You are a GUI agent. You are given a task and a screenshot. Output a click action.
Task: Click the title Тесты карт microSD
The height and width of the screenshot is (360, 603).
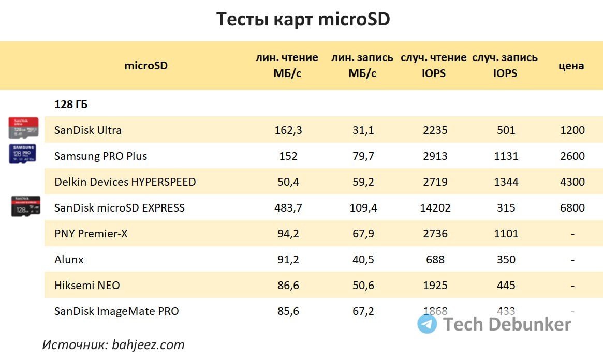303,20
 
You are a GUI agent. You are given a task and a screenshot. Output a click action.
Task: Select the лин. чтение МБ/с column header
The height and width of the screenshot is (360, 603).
287,65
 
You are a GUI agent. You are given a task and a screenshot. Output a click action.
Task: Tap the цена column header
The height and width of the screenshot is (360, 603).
571,66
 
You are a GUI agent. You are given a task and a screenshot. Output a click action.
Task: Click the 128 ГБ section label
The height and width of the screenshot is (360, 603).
71,104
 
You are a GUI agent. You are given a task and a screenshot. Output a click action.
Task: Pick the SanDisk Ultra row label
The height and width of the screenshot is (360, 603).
87,130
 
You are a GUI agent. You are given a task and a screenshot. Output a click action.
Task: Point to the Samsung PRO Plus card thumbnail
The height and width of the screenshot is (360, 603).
23,154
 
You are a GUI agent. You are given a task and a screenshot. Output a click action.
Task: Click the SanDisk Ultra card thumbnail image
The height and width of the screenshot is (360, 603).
23,128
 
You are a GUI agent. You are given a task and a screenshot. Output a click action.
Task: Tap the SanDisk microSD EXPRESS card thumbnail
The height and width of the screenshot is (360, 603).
25,206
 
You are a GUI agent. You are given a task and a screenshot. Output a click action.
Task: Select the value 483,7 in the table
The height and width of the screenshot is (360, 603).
288,208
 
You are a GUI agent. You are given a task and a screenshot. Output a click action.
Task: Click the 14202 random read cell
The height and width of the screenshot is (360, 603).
435,208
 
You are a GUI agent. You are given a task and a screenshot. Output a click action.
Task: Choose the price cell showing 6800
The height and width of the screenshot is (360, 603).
572,208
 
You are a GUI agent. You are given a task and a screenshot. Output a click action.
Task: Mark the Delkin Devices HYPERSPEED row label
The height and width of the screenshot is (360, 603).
125,182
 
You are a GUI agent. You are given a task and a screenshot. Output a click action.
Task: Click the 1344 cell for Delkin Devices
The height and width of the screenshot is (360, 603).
506,182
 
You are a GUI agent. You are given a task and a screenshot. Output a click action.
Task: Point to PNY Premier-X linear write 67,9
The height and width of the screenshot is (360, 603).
363,234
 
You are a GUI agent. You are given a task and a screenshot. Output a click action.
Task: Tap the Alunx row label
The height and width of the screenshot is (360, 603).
69,260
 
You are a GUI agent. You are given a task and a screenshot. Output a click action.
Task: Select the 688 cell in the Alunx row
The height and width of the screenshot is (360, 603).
435,260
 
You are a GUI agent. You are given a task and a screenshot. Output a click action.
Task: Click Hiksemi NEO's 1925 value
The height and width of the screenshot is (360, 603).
435,286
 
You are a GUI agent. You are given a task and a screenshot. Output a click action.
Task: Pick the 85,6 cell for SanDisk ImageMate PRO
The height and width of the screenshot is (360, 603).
288,311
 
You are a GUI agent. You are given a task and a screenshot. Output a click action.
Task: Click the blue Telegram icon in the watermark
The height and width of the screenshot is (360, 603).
427,324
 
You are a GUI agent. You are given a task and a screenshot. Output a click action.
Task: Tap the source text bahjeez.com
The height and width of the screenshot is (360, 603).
148,344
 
